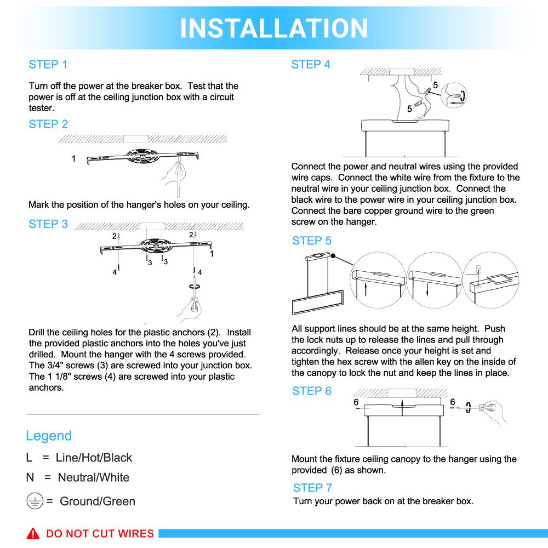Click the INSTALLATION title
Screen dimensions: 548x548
coord(274,28)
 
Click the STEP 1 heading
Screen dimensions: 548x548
coord(48,65)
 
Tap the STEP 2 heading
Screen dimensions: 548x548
coord(48,124)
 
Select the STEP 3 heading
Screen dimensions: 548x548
coord(48,224)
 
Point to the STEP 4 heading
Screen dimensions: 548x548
coord(311,65)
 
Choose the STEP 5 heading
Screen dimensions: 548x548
coord(312,241)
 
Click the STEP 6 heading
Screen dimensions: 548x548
coord(312,391)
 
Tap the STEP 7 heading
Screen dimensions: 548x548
coord(312,488)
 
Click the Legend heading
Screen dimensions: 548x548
coord(49,436)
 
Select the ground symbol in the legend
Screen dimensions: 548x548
coord(35,501)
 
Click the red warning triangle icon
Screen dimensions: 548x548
coord(35,534)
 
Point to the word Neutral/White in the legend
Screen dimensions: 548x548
coord(94,477)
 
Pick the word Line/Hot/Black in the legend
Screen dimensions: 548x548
coord(94,458)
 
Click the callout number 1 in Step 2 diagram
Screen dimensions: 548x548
coord(73,159)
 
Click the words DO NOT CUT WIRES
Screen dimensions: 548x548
coord(100,534)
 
